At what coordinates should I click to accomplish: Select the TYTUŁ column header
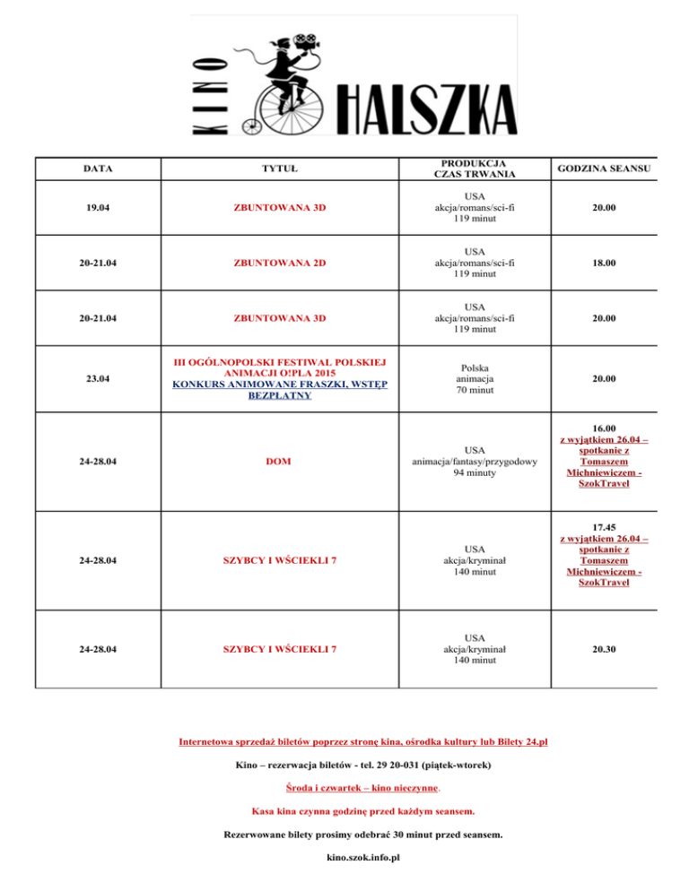click(280, 168)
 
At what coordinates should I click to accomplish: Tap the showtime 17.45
click(591, 526)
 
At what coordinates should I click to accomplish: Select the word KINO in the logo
click(211, 91)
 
